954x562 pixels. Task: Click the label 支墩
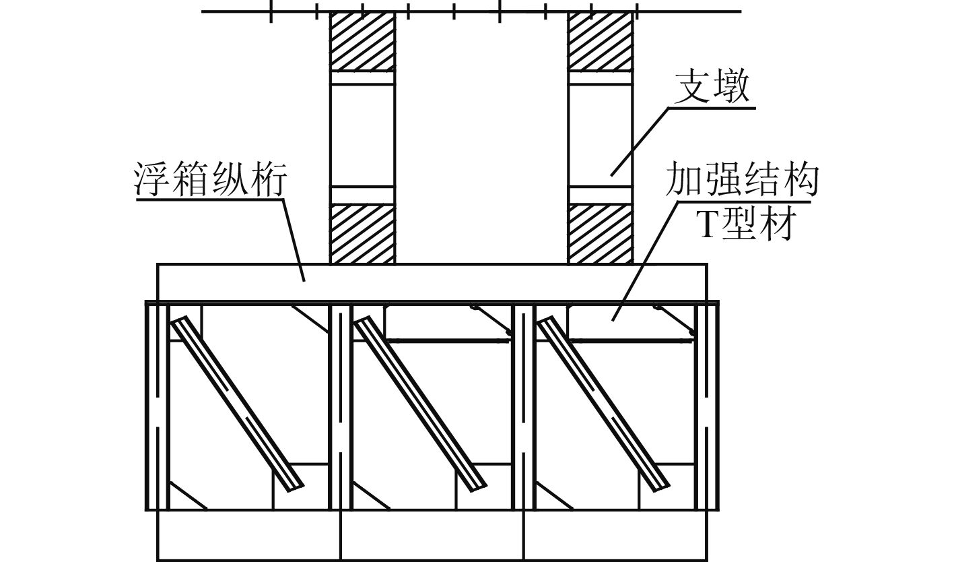[x=712, y=88]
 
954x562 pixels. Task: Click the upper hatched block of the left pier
[x=362, y=41]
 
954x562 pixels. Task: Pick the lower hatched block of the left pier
[x=362, y=234]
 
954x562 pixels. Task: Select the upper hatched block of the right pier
[x=601, y=41]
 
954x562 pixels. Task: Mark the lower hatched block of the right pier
[x=601, y=234]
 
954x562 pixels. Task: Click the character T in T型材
[x=707, y=225]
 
